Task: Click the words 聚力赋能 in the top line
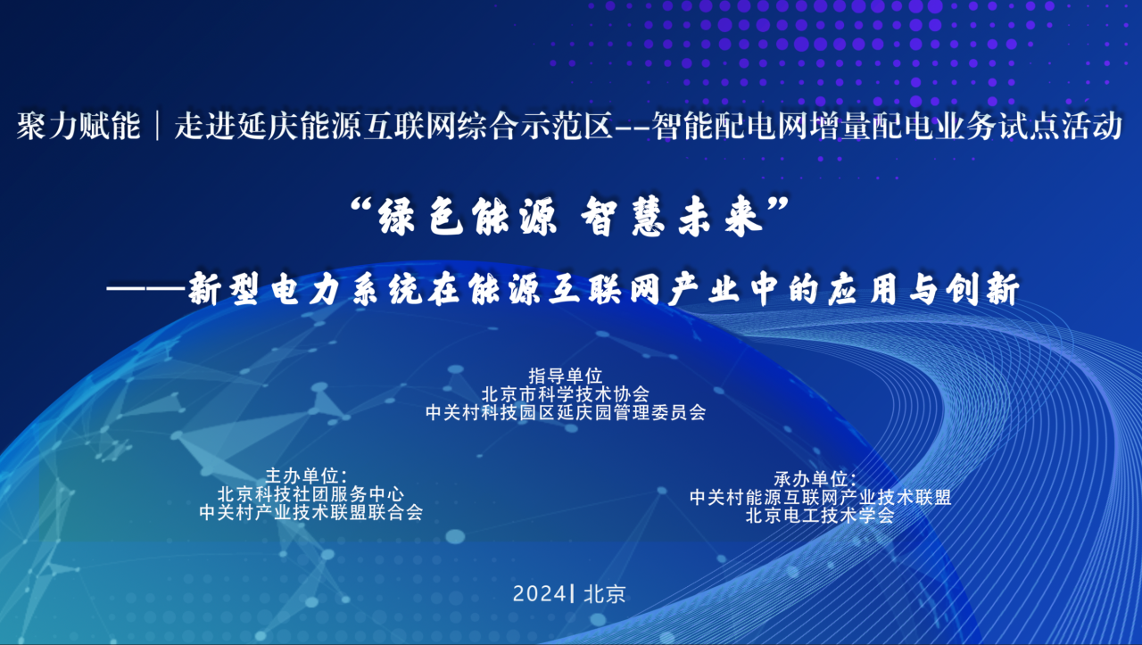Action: (x=79, y=126)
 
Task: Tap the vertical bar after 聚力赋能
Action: (x=158, y=126)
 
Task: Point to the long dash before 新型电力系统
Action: (x=146, y=288)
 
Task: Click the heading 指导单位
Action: (x=566, y=376)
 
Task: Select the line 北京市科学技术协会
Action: (x=566, y=394)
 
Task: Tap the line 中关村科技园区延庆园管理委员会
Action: (x=566, y=412)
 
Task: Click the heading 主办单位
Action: (x=306, y=475)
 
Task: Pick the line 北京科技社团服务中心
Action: (x=310, y=494)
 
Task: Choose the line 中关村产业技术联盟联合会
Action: (x=311, y=512)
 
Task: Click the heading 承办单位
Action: (x=815, y=479)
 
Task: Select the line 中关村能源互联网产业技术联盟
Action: (x=820, y=497)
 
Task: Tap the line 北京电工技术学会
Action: (x=820, y=516)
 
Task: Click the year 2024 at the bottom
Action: (x=540, y=594)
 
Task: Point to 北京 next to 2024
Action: (x=605, y=594)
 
